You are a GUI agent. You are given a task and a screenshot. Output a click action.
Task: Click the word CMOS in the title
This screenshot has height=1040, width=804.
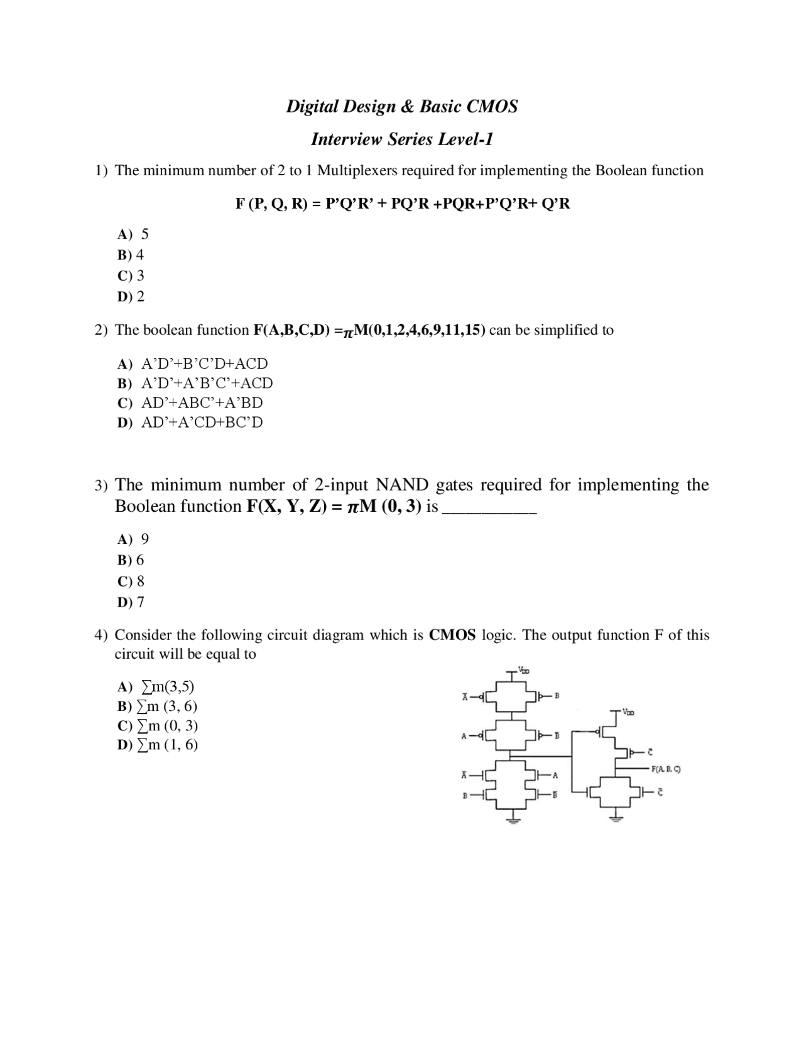tap(492, 106)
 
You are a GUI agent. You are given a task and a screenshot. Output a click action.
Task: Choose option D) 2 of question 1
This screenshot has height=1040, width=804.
tap(131, 296)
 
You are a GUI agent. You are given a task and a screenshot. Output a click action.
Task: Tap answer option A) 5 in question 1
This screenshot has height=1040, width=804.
tap(133, 234)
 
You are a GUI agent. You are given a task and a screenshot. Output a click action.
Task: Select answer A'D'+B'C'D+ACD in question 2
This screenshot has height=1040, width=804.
tap(204, 364)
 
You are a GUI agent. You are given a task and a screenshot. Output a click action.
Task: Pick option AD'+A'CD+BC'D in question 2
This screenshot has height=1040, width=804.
tap(202, 423)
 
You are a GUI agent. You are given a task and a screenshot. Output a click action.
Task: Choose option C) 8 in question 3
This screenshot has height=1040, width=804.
tap(131, 581)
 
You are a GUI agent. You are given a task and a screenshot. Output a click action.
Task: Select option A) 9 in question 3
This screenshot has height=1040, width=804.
tap(133, 539)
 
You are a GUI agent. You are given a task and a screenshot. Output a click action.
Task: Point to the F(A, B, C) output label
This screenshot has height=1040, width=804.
tap(666, 769)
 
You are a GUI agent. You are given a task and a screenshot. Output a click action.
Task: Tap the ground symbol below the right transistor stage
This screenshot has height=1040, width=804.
tap(616, 817)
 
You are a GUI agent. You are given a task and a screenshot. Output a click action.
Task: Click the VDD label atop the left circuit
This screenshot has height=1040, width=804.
tap(523, 671)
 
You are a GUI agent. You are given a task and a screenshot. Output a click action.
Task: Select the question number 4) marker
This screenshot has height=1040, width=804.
tap(101, 636)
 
